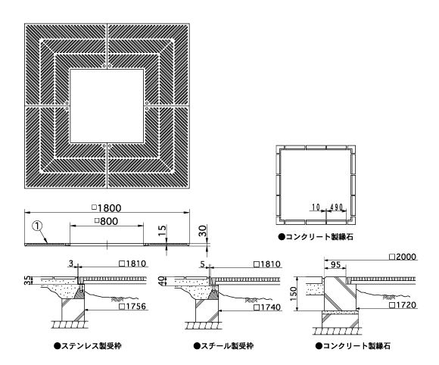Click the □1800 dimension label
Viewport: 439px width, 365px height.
tap(107, 208)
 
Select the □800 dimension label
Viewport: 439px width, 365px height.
tap(106, 221)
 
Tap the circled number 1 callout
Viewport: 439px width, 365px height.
tap(38, 226)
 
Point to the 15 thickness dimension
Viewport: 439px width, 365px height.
tap(162, 232)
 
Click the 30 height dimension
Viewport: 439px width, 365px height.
tap(203, 231)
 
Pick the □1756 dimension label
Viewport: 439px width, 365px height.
tap(132, 306)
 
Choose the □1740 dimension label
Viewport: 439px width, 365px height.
tap(267, 307)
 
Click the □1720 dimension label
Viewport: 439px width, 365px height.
tap(403, 304)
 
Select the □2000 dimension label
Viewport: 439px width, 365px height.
tap(403, 257)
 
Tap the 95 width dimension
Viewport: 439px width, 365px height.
tap(335, 264)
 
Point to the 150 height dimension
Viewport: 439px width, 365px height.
tap(293, 294)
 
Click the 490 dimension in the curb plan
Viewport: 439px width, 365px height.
tap(337, 207)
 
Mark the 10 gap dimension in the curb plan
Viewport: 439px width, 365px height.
tap(316, 207)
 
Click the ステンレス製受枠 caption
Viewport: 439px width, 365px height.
tap(88, 345)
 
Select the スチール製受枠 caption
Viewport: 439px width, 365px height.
tap(223, 345)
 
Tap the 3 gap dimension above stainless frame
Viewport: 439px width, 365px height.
tap(71, 263)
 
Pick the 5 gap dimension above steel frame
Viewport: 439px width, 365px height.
tap(203, 264)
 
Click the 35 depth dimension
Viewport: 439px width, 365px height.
tap(28, 280)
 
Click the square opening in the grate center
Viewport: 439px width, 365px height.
tap(107, 106)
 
